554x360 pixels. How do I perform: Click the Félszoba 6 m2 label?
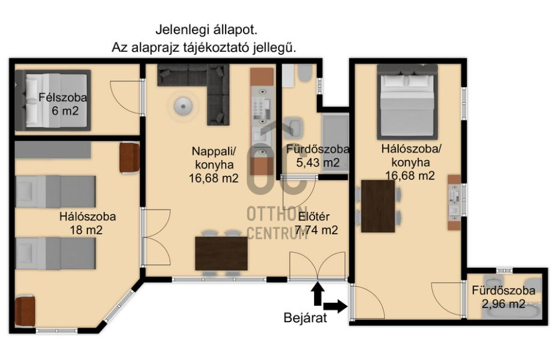[63, 104]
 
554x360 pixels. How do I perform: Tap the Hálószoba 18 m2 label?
[87, 223]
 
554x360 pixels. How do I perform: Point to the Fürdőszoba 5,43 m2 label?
[318, 156]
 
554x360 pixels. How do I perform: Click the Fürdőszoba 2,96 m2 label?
[503, 297]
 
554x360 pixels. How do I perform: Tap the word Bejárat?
[305, 318]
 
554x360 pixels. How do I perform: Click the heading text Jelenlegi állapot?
[206, 30]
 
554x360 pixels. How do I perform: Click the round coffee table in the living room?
[183, 105]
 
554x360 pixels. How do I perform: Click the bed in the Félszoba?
[53, 101]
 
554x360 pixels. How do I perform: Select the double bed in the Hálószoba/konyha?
[407, 102]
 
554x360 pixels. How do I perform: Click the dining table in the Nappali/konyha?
[221, 253]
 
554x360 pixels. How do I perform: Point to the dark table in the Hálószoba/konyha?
[378, 206]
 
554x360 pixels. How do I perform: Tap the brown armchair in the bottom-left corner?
[25, 311]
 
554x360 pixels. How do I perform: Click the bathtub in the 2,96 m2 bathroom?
[511, 312]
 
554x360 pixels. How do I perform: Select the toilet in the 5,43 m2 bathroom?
[304, 73]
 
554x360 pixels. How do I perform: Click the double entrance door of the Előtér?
[317, 265]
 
